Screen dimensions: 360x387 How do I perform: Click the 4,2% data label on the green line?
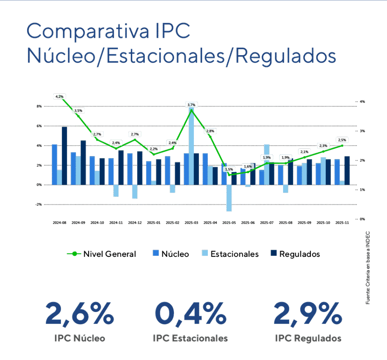pyautogui.click(x=59, y=97)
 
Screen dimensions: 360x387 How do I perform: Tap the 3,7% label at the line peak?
pyautogui.click(x=191, y=105)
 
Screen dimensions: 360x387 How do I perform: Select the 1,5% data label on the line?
pyautogui.click(x=229, y=170)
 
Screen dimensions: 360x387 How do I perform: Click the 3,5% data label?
pyautogui.click(x=78, y=111)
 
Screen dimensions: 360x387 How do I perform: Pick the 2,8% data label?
pyautogui.click(x=210, y=131)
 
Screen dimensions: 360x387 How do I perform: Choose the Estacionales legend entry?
pyautogui.click(x=229, y=254)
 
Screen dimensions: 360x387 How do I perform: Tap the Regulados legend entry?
pyautogui.click(x=294, y=254)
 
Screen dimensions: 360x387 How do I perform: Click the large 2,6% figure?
pyautogui.click(x=79, y=313)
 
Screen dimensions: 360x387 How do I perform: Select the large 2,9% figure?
pyautogui.click(x=308, y=313)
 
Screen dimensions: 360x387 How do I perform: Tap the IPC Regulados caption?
pyautogui.click(x=308, y=338)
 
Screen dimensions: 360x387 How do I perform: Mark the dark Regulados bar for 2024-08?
pyautogui.click(x=64, y=156)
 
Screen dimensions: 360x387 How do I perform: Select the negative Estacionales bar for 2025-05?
pyautogui.click(x=229, y=198)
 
